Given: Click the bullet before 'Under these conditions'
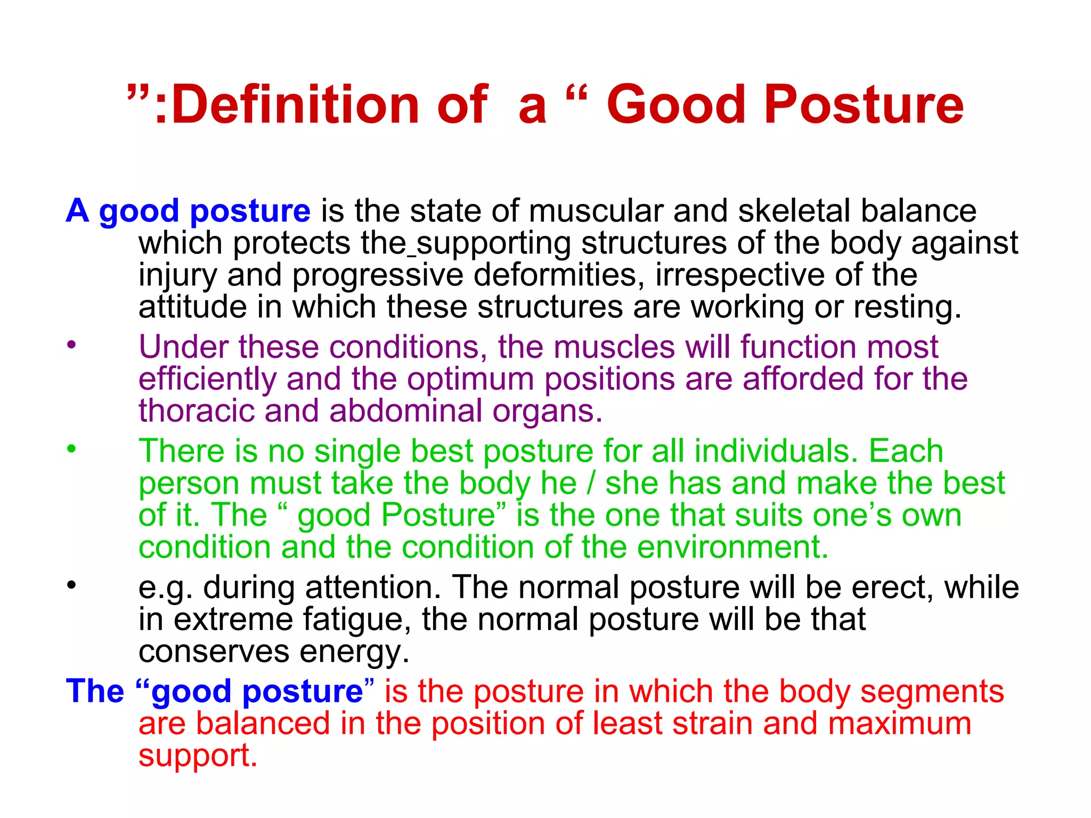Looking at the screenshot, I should (71, 345).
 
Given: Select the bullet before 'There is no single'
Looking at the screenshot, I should (71, 448).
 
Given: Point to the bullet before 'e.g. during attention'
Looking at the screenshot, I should (71, 585).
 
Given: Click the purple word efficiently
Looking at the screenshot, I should (207, 379).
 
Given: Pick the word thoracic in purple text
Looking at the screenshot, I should (196, 411).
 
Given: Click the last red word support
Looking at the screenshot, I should (197, 756).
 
